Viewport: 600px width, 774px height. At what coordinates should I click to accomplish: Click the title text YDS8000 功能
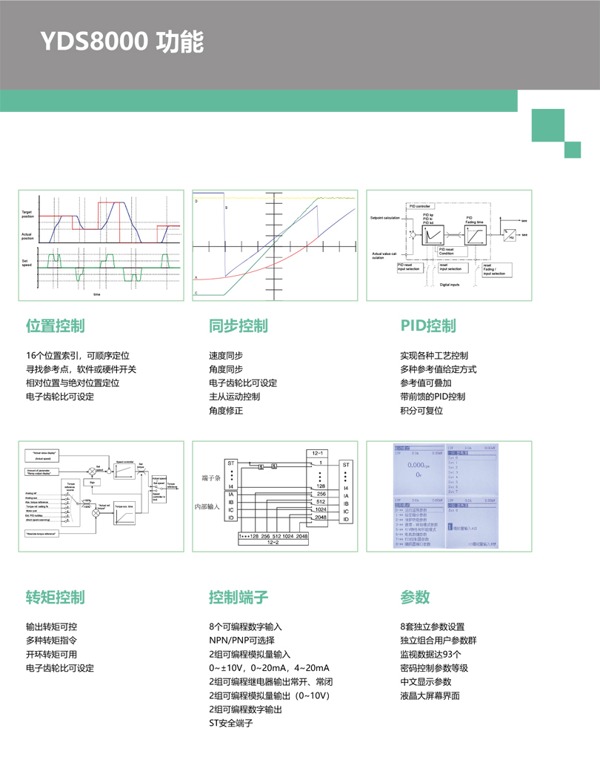click(x=121, y=42)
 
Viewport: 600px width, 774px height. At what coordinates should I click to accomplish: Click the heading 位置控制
click(x=55, y=326)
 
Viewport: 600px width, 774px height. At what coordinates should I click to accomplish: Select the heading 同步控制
click(x=238, y=326)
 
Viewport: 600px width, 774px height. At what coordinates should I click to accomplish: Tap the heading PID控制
click(x=428, y=326)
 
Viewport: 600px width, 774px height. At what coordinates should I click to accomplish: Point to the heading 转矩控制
click(x=55, y=598)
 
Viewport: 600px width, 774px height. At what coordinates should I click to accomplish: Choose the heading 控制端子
click(x=238, y=598)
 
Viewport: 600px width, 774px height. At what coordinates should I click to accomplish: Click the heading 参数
click(x=415, y=598)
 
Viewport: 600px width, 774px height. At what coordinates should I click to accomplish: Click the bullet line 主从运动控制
click(x=234, y=397)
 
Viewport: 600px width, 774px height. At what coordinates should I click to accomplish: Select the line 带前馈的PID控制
click(x=433, y=397)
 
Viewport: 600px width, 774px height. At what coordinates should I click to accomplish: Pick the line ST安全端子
click(x=231, y=723)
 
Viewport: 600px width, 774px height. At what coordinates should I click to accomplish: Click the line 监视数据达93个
click(x=430, y=654)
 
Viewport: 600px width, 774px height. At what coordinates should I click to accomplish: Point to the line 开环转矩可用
click(x=51, y=654)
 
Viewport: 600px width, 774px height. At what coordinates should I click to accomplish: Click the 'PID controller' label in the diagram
click(x=419, y=206)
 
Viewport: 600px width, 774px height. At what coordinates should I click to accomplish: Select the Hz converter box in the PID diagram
click(x=509, y=234)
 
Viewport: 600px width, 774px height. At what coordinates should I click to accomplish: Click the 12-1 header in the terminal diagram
click(x=318, y=451)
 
